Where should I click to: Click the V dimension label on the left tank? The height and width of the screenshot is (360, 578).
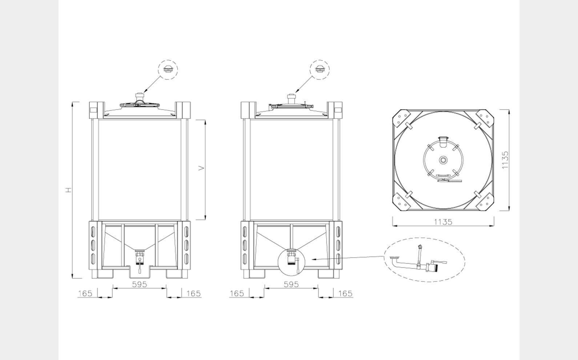pyautogui.click(x=201, y=168)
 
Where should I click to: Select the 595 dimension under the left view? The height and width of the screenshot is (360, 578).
pyautogui.click(x=139, y=284)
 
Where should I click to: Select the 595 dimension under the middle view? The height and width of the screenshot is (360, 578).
pyautogui.click(x=291, y=284)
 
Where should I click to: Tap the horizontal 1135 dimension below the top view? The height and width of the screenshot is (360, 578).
pyautogui.click(x=443, y=222)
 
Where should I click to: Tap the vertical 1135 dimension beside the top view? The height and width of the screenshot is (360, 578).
pyautogui.click(x=505, y=160)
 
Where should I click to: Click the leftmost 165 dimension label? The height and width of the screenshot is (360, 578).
pyautogui.click(x=85, y=293)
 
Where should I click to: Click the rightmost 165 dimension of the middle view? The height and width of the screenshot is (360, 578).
pyautogui.click(x=345, y=293)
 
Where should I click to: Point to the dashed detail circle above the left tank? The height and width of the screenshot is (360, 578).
pyautogui.click(x=168, y=70)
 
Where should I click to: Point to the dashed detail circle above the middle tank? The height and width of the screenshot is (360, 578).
pyautogui.click(x=320, y=70)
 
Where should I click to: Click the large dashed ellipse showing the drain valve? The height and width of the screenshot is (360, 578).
pyautogui.click(x=425, y=259)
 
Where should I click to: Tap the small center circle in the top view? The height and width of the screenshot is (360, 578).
pyautogui.click(x=443, y=160)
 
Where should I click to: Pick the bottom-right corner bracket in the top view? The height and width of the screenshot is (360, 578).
pyautogui.click(x=485, y=202)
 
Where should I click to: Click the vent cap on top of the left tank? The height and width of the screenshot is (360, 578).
pyautogui.click(x=140, y=97)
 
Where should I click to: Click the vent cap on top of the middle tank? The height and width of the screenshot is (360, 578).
pyautogui.click(x=291, y=97)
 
